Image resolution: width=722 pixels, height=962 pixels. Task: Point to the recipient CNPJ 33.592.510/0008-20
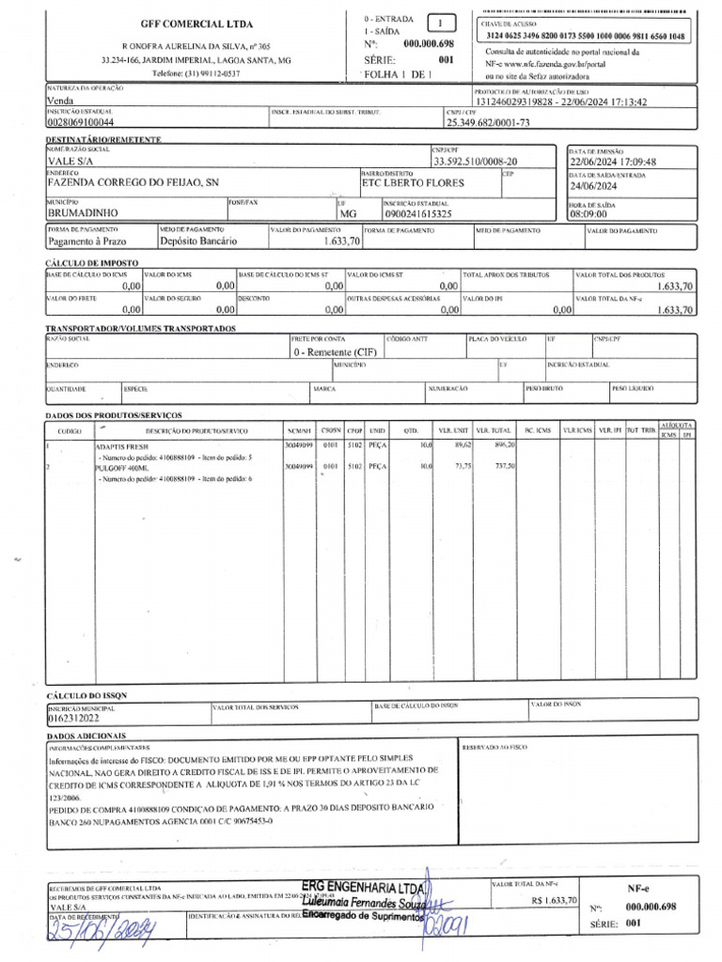[474, 161]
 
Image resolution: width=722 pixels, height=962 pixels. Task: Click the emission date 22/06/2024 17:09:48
[613, 161]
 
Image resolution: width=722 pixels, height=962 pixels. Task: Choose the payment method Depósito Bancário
[198, 240]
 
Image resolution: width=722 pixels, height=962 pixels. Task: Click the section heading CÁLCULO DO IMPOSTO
[92, 263]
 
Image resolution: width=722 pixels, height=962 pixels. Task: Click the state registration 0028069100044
[80, 122]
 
